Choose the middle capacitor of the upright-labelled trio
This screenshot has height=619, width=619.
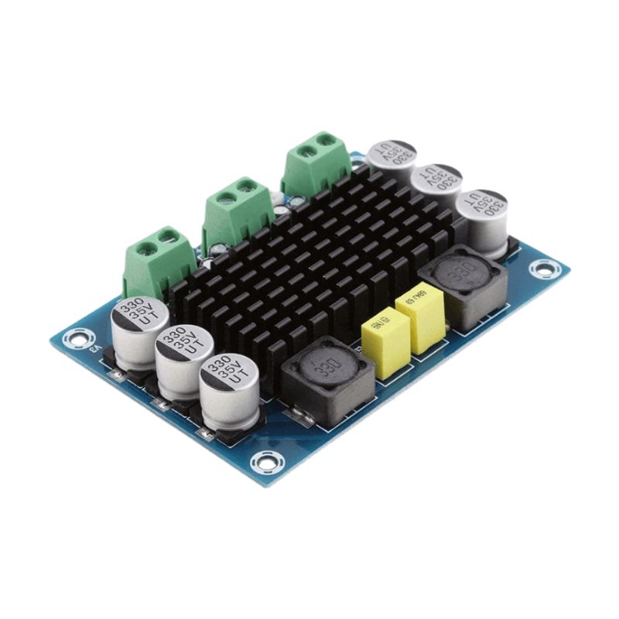(184, 360)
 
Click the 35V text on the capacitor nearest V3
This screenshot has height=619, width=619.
(139, 316)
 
